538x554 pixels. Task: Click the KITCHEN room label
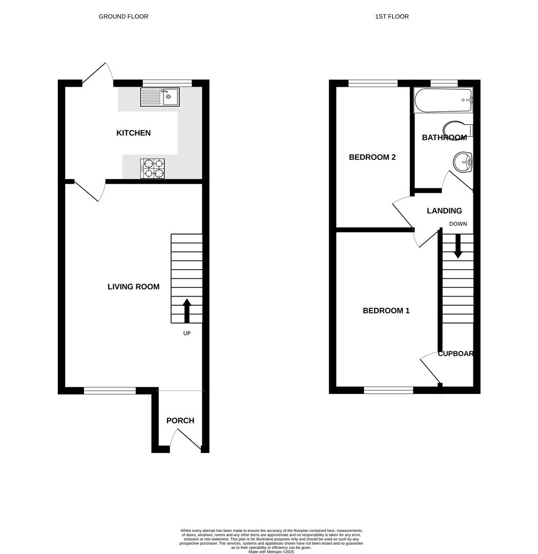coord(133,133)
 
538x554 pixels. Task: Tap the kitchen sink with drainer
coord(160,97)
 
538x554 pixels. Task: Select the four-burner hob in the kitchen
coord(153,169)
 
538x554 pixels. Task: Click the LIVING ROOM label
coord(133,287)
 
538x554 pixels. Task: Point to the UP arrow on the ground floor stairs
coord(187,310)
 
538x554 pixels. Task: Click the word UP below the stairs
coord(187,333)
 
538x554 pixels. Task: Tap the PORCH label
coord(180,421)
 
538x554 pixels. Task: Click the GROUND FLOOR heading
coord(123,16)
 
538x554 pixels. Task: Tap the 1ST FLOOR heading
coord(392,16)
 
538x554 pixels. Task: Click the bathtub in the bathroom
coord(443,100)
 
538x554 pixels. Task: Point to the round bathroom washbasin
coord(463,162)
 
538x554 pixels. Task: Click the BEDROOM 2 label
coord(372,157)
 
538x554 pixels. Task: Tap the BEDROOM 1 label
coord(386,310)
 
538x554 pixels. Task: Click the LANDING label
coord(444,211)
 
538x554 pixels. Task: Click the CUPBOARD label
coord(455,354)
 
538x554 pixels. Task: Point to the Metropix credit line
coord(271,552)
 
